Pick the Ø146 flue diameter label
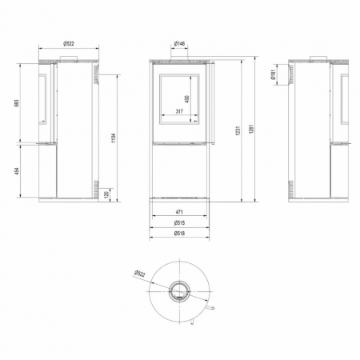point(180,42)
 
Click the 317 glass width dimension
point(179,113)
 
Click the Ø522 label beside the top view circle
point(137,273)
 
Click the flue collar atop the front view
point(180,57)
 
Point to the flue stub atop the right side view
point(318,57)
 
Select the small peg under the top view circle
point(192,322)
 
